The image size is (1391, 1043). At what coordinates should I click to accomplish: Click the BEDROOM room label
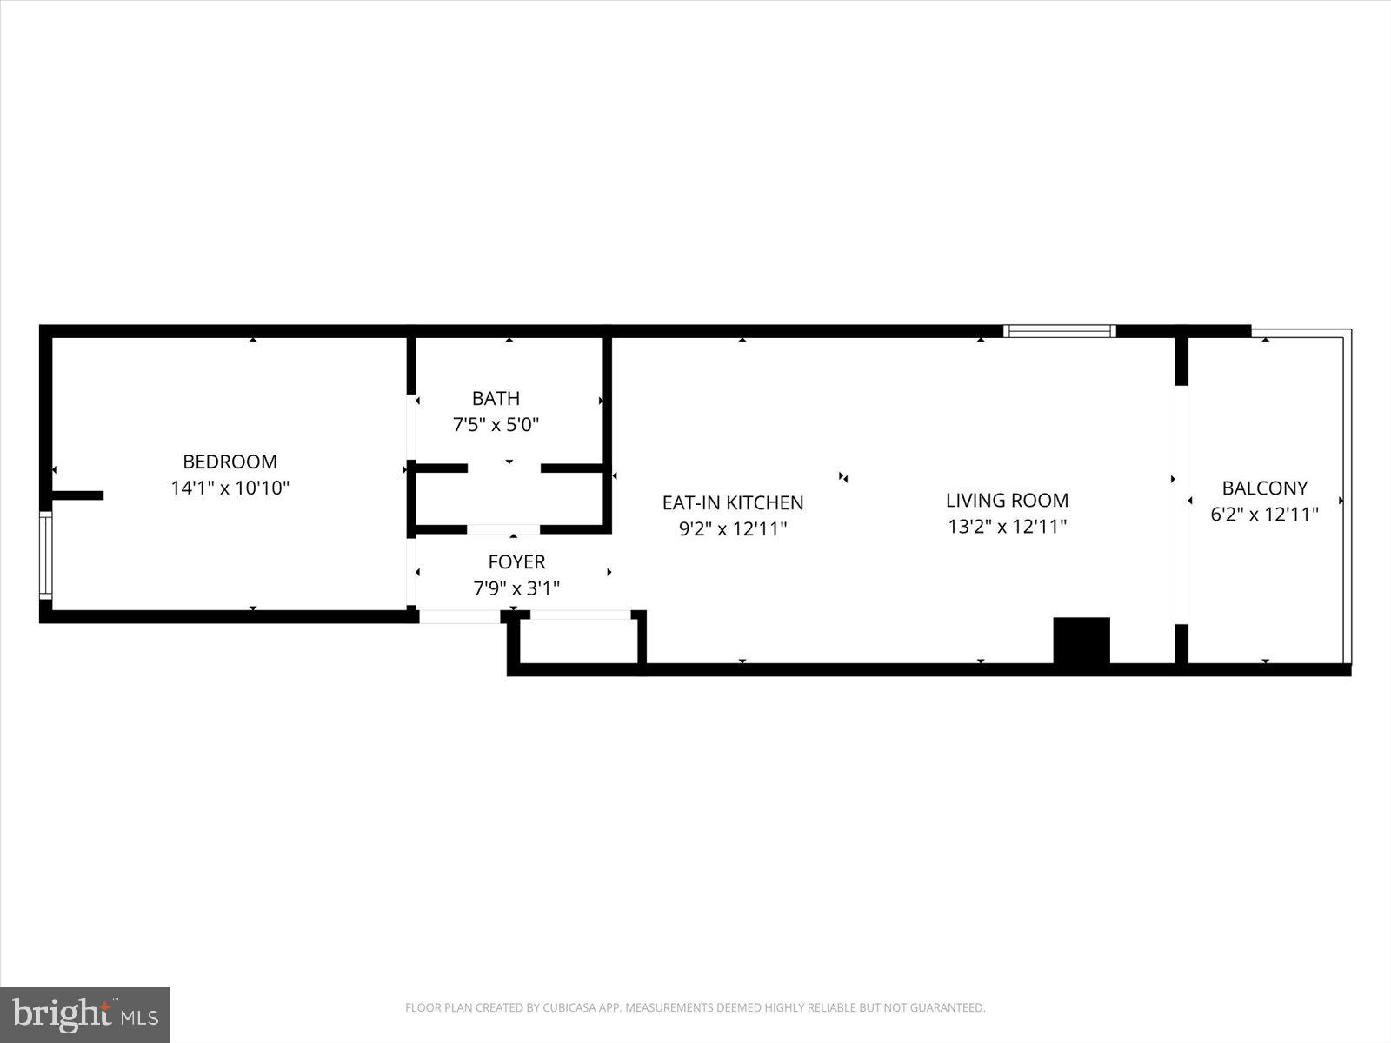(230, 462)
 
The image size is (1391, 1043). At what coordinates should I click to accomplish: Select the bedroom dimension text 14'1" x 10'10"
(230, 488)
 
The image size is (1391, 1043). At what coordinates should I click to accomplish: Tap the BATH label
(496, 398)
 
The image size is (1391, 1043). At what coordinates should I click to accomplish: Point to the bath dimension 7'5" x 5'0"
(496, 425)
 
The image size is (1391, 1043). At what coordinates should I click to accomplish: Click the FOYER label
(516, 561)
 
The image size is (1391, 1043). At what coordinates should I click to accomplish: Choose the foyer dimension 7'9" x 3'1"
(516, 588)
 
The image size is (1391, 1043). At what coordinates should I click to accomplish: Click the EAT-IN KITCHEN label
(733, 502)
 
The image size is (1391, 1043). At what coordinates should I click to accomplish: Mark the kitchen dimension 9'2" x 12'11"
(733, 528)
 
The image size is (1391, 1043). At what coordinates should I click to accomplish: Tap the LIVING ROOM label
(1007, 500)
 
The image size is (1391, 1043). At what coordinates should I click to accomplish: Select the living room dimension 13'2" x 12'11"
(1007, 526)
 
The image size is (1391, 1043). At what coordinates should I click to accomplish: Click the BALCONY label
(1264, 488)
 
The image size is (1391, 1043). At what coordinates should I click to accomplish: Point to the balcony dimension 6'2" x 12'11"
(1264, 514)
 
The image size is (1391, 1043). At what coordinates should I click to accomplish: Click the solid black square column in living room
(1082, 641)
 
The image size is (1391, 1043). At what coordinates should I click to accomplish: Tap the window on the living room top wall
(1059, 331)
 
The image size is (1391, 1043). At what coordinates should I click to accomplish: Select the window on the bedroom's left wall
(45, 555)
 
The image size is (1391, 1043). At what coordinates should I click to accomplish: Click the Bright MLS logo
(84, 1014)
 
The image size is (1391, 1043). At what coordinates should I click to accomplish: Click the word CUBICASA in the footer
(569, 1008)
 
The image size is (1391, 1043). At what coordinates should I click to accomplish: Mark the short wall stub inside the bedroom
(77, 495)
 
